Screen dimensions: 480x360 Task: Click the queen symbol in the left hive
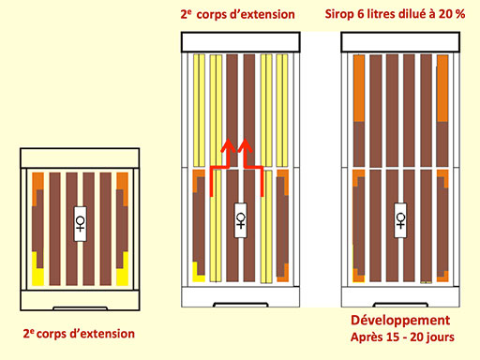point(81,224)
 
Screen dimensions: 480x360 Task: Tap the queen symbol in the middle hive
point(241,220)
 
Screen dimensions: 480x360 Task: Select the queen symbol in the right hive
point(400,220)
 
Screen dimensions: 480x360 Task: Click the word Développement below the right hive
point(400,321)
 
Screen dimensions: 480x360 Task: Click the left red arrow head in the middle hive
point(228,145)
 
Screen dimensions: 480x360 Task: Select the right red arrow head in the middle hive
point(245,145)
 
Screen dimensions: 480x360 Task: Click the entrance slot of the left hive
point(80,308)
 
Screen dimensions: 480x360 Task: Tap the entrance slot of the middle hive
point(241,305)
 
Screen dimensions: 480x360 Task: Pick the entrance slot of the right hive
point(400,305)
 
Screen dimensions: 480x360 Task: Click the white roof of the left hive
point(80,157)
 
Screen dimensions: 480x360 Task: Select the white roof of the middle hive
point(241,42)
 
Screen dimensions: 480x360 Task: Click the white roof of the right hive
point(400,42)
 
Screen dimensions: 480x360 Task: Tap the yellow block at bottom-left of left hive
point(37,272)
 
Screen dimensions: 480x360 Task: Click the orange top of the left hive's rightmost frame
point(123,185)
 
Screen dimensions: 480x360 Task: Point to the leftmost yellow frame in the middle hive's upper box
point(199,111)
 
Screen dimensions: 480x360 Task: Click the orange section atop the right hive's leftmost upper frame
point(359,88)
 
